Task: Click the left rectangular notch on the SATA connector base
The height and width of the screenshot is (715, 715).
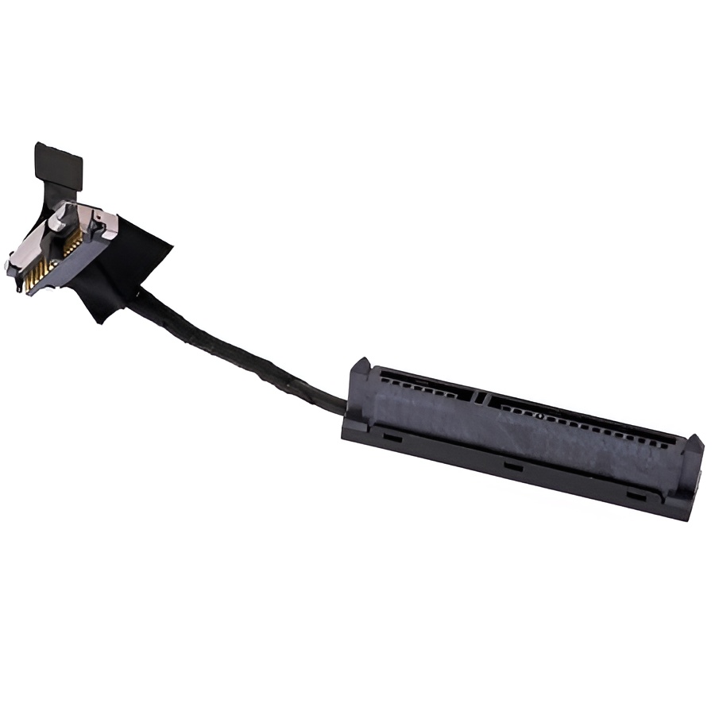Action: tap(390, 436)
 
